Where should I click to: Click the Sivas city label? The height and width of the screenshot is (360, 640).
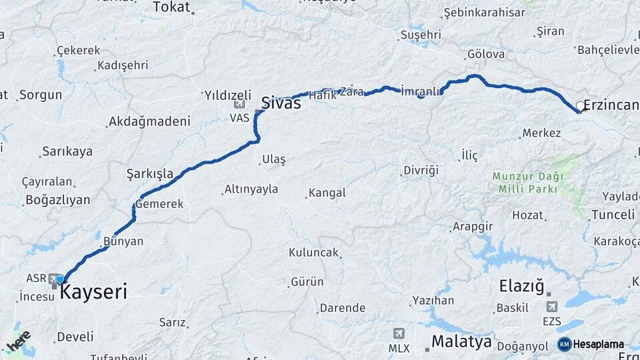point(281,103)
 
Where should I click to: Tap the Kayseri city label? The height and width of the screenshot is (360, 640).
point(93,292)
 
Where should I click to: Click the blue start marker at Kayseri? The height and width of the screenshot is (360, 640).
point(60,279)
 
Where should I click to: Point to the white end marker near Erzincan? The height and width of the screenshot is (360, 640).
point(579,105)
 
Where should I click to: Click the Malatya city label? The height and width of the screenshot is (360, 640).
point(461,342)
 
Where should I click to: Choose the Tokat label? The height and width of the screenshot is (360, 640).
point(171,7)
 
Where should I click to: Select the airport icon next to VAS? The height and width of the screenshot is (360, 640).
point(239,105)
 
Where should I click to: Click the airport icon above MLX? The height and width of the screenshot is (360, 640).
point(399,333)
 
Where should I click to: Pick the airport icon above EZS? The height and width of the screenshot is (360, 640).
point(551,307)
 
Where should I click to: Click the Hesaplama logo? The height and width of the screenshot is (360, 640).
point(591,344)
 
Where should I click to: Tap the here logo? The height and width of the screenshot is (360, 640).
point(18,341)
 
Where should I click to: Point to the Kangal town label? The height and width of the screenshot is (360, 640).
point(326,193)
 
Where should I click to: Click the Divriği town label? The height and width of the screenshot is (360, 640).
point(421,171)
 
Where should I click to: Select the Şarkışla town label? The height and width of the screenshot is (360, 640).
point(150,175)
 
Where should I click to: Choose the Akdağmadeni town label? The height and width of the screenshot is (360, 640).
point(149,121)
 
